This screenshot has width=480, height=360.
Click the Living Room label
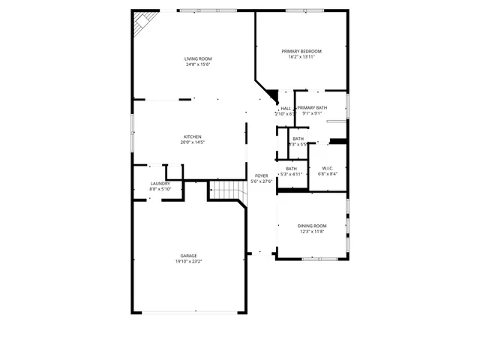pos(199,58)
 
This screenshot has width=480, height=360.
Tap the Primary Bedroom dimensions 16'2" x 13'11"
pos(298,56)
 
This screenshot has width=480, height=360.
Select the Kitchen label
pos(193,136)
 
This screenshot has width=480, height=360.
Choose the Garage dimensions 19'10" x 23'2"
pos(189,261)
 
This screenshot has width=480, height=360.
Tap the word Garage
pos(188,256)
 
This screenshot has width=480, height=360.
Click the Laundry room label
pos(160,183)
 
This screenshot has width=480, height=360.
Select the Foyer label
pos(260,175)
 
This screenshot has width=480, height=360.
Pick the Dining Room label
pos(313,226)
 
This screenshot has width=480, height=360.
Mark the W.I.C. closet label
pos(328,168)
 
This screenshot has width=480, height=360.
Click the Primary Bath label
pos(312,108)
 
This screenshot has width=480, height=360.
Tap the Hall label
pos(286,108)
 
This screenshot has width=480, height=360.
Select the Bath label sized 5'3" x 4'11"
pos(291,168)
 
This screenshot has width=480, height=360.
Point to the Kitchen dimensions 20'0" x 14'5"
pos(193,142)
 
